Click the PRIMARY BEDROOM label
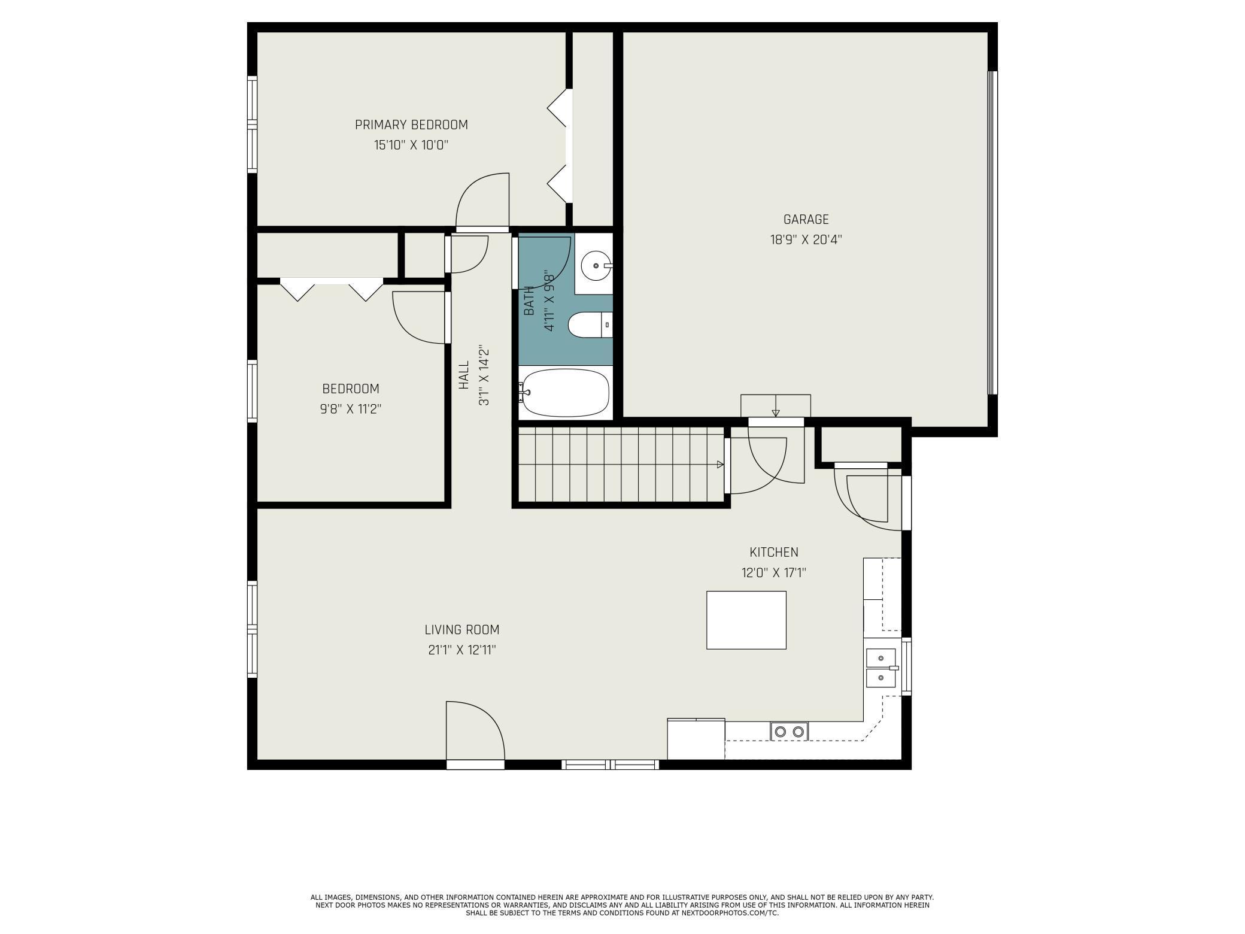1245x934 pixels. tap(411, 125)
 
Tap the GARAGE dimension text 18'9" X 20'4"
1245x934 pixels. tap(806, 240)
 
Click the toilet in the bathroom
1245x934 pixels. tap(590, 325)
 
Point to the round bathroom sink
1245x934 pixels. tap(596, 265)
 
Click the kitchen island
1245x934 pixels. tap(746, 620)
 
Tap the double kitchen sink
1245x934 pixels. tap(882, 668)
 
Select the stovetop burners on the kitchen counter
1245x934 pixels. tap(789, 732)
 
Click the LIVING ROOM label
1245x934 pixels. tap(462, 630)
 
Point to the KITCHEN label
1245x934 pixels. tap(774, 552)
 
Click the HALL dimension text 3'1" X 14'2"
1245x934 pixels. tap(484, 376)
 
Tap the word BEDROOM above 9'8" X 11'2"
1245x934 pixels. tap(351, 389)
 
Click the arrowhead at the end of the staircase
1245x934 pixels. tap(720, 465)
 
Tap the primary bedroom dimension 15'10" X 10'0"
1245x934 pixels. tap(411, 145)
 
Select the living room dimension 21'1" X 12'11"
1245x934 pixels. tap(462, 650)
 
